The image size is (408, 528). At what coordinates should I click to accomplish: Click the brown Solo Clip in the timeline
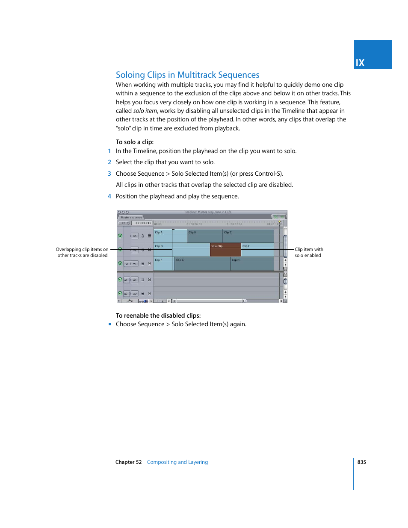(x=225, y=250)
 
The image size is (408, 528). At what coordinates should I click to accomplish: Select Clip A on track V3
(x=163, y=236)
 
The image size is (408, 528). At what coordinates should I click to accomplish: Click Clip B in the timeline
(x=204, y=236)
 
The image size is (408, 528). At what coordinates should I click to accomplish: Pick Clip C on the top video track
(x=248, y=236)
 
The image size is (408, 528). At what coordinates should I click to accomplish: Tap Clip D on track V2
(x=163, y=250)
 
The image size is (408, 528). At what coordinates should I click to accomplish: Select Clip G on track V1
(x=202, y=264)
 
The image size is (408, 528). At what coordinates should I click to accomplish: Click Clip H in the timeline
(x=251, y=264)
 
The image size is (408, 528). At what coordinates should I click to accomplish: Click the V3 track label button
(x=135, y=236)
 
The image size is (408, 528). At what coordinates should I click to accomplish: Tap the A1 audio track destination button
(x=135, y=280)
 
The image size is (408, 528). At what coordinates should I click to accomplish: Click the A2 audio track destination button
(x=135, y=294)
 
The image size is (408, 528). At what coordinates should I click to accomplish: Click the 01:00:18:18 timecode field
(x=143, y=223)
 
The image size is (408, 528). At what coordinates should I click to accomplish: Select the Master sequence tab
(x=131, y=217)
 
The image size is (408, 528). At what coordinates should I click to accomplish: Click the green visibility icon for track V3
(x=120, y=236)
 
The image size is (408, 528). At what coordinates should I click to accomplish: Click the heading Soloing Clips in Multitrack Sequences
(x=187, y=75)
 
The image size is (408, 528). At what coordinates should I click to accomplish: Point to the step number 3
(x=109, y=174)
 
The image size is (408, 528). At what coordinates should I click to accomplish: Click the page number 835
(x=361, y=462)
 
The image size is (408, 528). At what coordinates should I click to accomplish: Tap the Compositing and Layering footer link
(x=177, y=462)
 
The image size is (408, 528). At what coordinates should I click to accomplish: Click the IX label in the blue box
(x=360, y=63)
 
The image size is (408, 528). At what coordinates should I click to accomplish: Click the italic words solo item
(x=145, y=111)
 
